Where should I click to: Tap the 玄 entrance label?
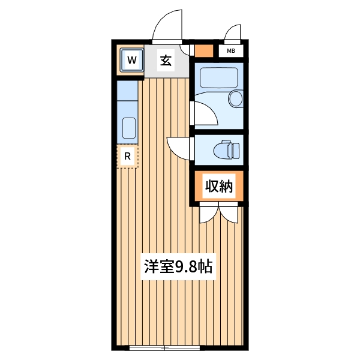coord(166,60)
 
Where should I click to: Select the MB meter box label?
coord(230,51)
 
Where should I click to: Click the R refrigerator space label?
coord(127,157)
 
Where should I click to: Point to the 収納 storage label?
coord(218,187)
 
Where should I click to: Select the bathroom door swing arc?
coord(204,114)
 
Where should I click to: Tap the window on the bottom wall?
coord(163,348)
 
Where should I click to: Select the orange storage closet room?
coord(218,187)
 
